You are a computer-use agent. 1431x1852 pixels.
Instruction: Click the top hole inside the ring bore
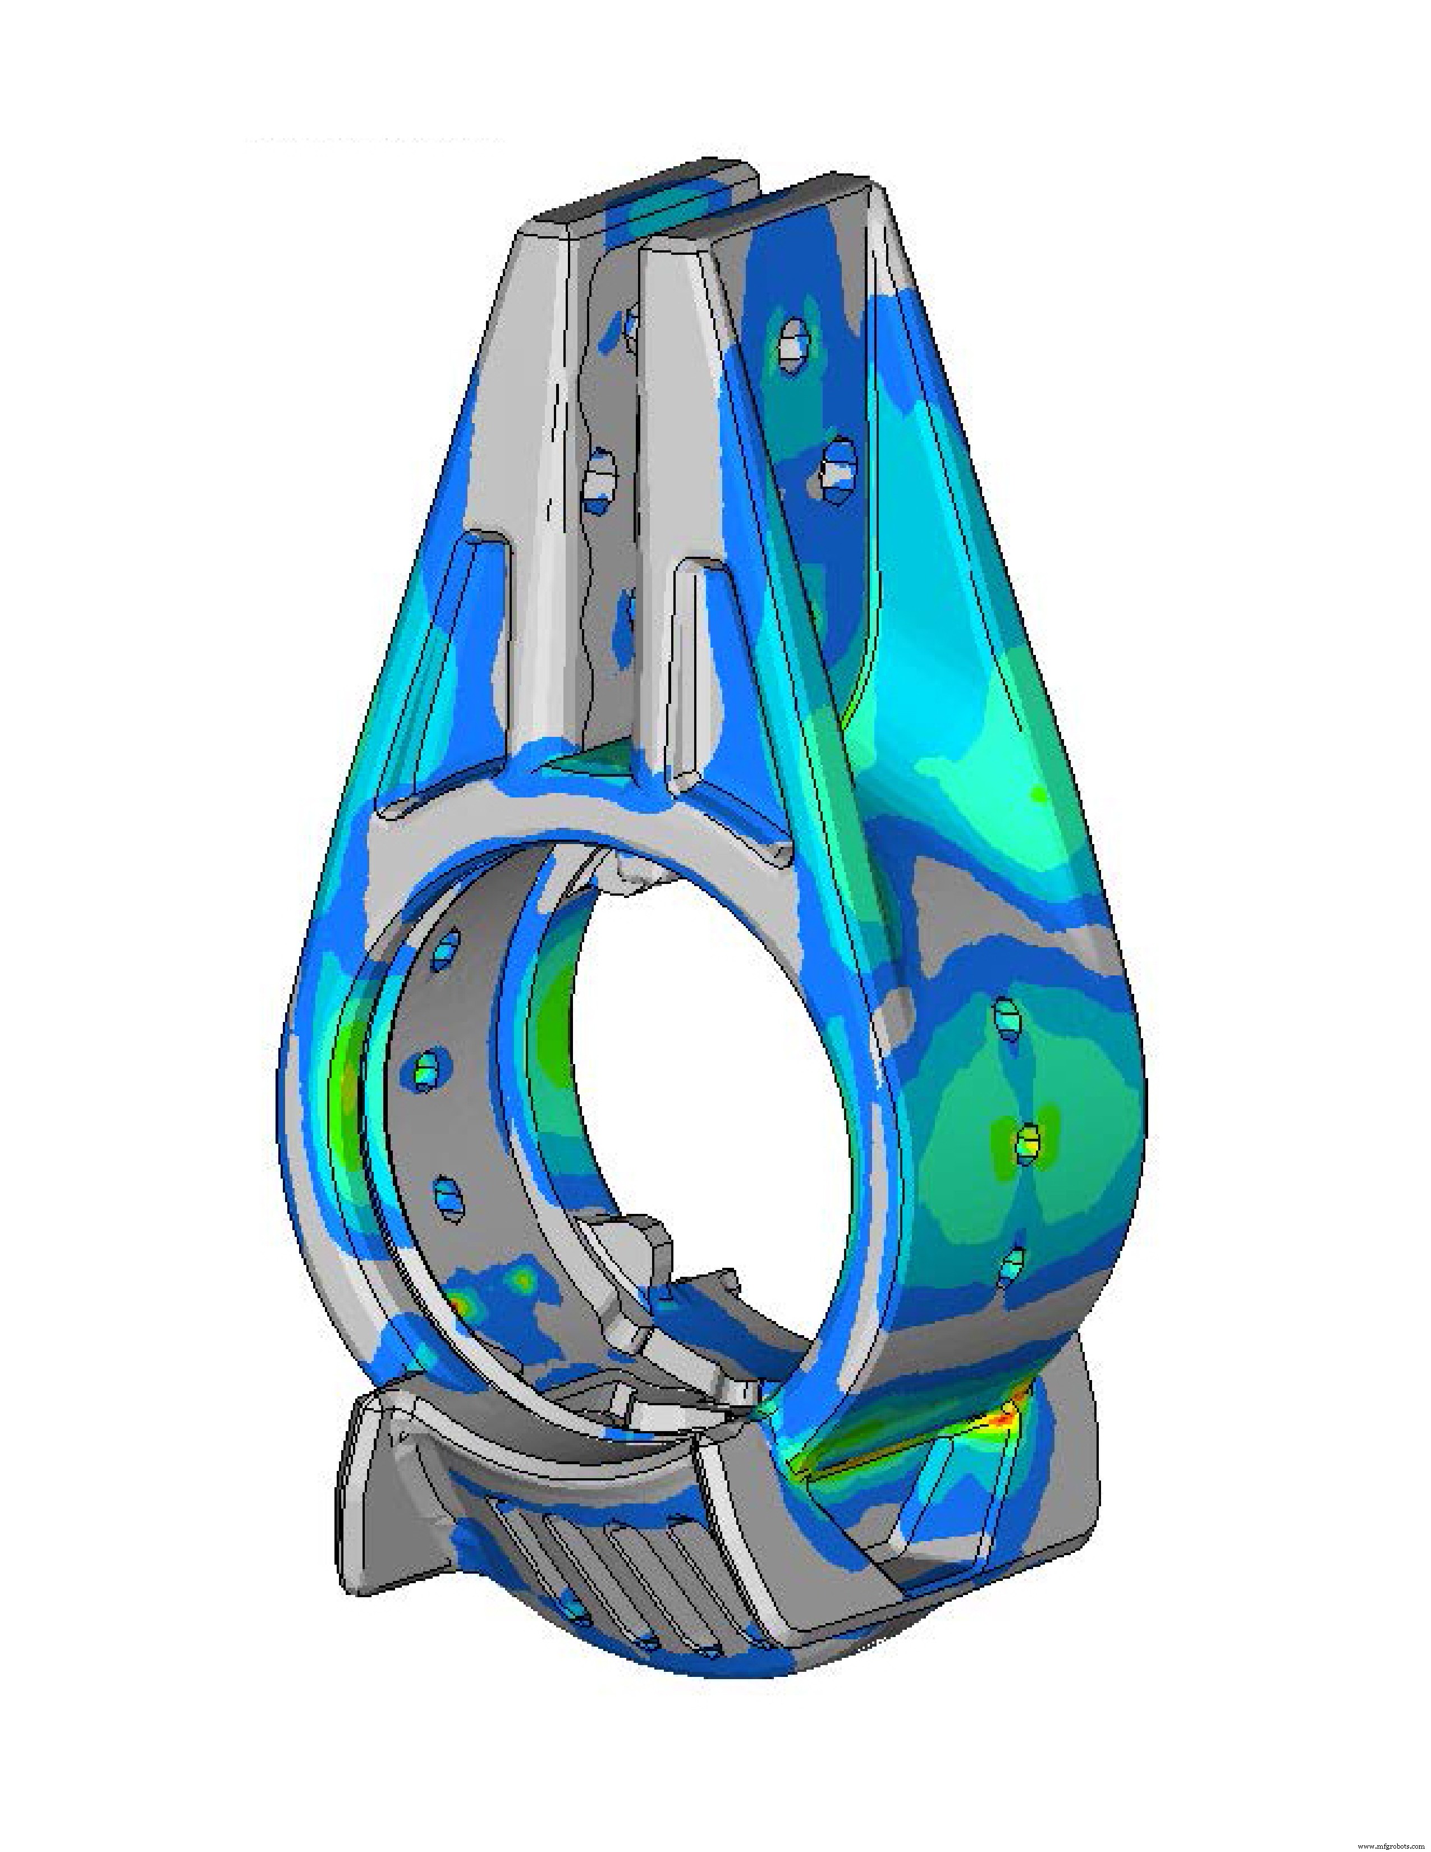pos(447,950)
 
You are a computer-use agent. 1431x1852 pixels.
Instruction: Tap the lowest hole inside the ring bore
pos(450,1198)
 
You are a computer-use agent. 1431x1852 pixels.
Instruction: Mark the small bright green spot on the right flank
pos(1036,795)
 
